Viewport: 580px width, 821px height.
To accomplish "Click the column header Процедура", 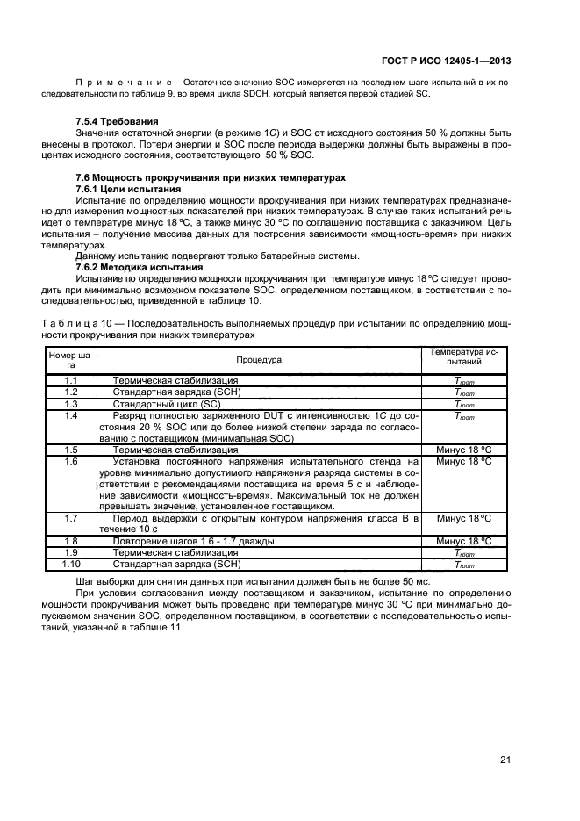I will [x=258, y=359].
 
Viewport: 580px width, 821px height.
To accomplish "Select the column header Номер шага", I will [x=71, y=360].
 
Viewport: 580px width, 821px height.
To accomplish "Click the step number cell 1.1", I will [x=71, y=380].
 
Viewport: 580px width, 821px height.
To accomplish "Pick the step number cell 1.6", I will [x=71, y=461].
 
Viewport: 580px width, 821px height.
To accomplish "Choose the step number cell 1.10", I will [x=71, y=565].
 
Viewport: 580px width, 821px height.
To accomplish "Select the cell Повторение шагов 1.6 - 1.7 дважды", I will [x=193, y=542].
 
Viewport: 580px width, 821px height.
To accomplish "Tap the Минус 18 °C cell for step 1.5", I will [x=463, y=449].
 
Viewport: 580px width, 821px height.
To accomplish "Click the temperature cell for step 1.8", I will [x=463, y=542].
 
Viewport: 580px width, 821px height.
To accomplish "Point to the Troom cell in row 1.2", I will [x=463, y=392].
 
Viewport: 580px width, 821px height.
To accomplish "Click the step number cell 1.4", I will [x=71, y=415].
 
